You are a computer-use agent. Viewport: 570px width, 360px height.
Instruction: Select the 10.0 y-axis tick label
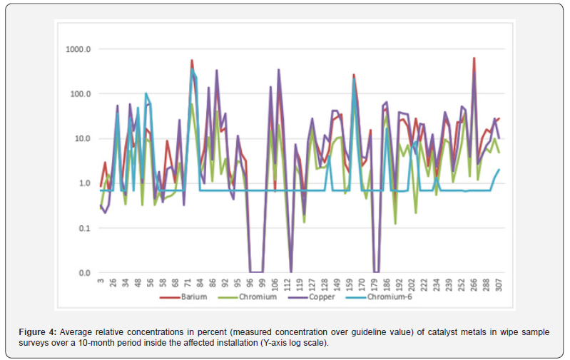click(83, 139)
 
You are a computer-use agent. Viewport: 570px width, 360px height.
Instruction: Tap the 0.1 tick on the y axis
click(85, 228)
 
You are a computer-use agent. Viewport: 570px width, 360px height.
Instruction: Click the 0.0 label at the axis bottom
click(85, 273)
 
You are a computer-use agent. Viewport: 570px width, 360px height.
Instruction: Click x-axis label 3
click(101, 282)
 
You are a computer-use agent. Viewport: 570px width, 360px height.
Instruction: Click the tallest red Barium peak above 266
click(474, 59)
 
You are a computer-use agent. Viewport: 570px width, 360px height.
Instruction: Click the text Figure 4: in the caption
click(38, 332)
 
